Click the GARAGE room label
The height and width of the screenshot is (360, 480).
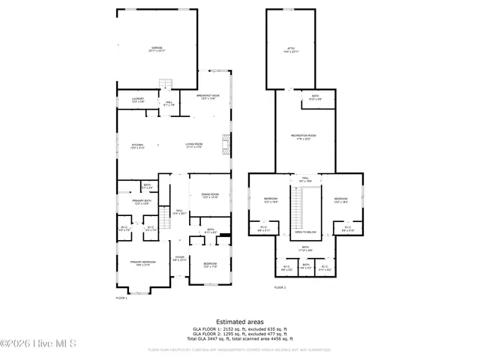(x=157, y=49)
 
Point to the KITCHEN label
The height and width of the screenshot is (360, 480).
(x=137, y=145)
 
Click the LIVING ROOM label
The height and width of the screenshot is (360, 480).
(x=195, y=145)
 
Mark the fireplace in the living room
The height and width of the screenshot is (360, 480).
(x=223, y=142)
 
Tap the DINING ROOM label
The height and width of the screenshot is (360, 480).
(x=209, y=196)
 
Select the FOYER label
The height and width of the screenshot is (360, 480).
(x=180, y=259)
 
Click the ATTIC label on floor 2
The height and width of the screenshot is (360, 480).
(x=291, y=51)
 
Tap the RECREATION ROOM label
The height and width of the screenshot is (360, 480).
(x=303, y=136)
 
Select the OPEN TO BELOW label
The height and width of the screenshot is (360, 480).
(x=305, y=232)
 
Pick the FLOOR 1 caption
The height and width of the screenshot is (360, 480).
(x=121, y=298)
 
